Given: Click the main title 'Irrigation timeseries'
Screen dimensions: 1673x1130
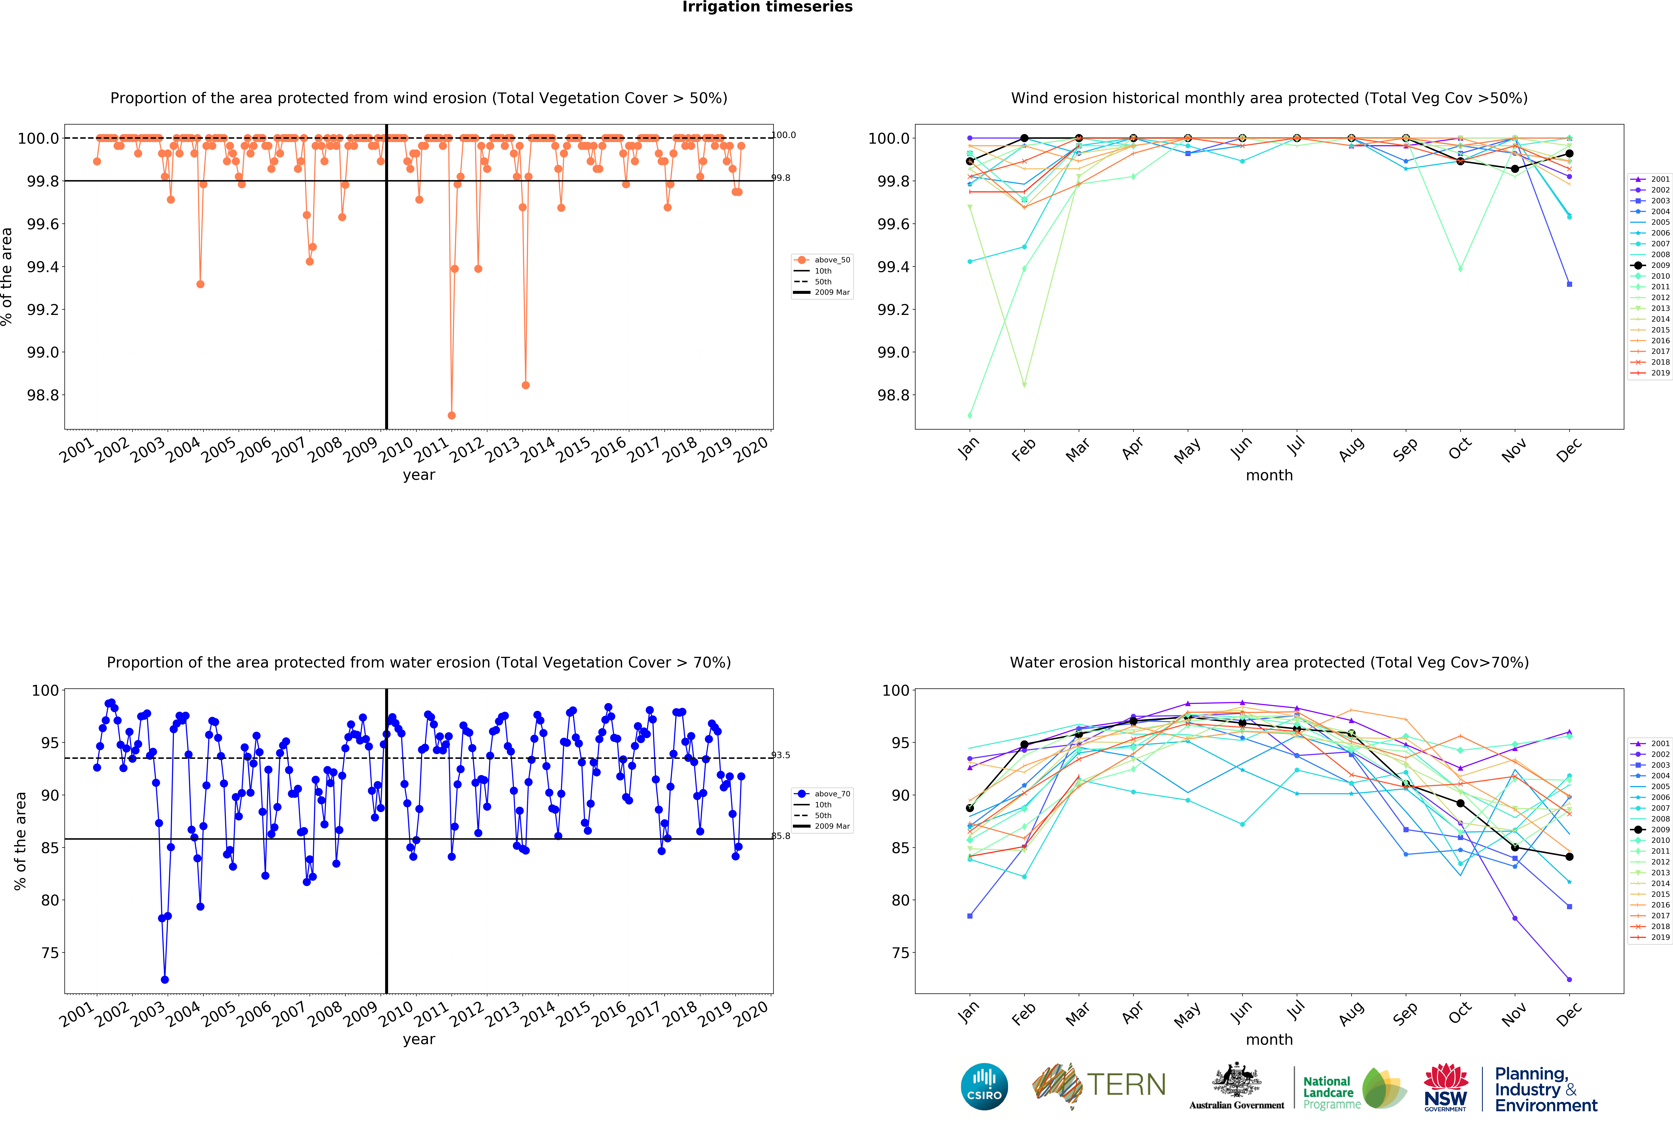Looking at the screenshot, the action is click(767, 7).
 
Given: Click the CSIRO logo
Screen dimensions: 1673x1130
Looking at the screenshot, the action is click(984, 1086).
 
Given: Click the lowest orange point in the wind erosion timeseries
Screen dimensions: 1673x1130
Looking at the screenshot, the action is click(451, 415).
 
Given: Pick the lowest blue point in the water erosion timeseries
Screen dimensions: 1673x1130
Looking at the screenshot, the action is click(165, 980).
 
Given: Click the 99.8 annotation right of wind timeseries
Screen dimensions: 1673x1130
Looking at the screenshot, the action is click(780, 178).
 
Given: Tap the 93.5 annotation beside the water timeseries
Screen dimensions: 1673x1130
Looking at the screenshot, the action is click(780, 755).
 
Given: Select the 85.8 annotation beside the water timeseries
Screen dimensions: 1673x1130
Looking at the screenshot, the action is click(780, 836).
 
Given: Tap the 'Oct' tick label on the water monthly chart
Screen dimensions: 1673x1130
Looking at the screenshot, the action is click(1459, 1013).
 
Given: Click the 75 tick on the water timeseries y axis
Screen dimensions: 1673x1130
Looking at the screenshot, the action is click(50, 953).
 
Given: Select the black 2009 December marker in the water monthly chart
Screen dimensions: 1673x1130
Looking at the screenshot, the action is click(1569, 856).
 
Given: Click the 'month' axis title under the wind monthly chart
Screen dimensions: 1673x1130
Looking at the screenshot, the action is click(1269, 475).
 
